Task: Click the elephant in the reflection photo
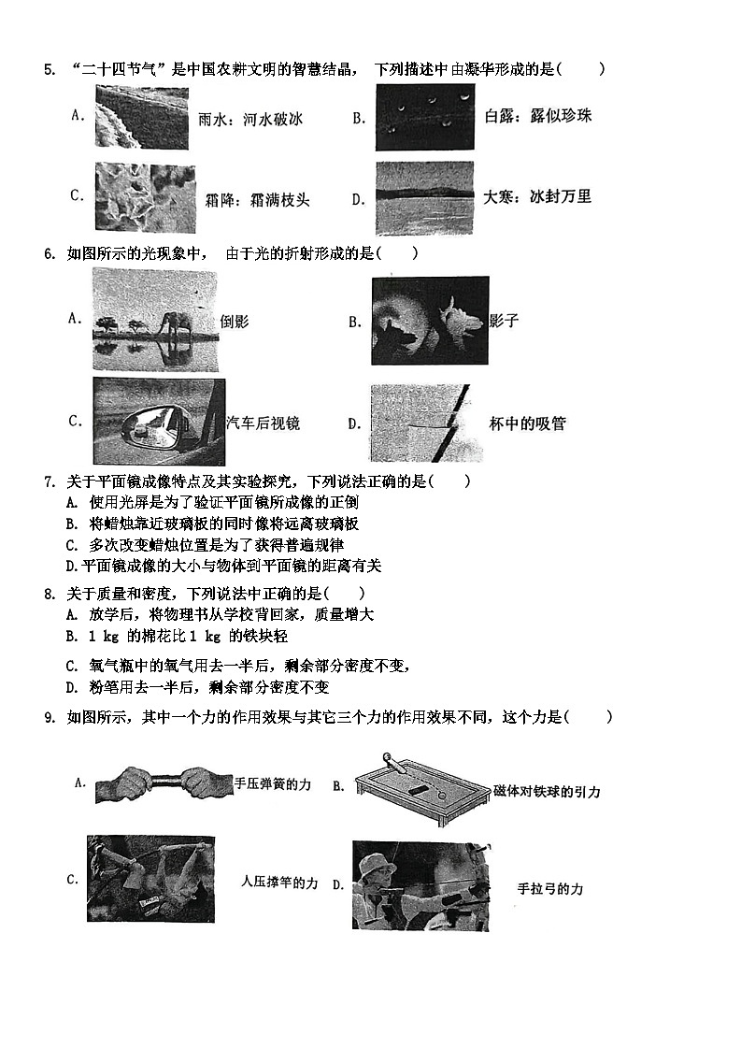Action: [x=175, y=324]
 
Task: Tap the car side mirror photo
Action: [x=158, y=422]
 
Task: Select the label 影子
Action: [x=504, y=321]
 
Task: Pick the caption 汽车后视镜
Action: [x=264, y=423]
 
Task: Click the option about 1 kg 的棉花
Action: [x=187, y=636]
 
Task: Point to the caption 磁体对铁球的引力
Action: [x=547, y=792]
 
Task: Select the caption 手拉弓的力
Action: [x=549, y=889]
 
